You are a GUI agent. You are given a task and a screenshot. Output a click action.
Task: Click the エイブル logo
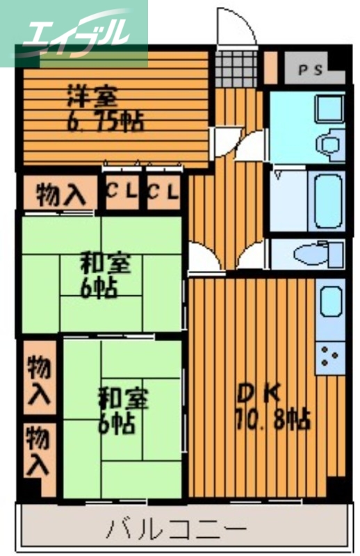(x=73, y=31)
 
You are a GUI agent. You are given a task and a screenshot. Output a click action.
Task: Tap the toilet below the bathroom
(x=316, y=254)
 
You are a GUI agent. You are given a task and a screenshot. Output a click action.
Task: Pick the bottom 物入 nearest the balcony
(x=39, y=451)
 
